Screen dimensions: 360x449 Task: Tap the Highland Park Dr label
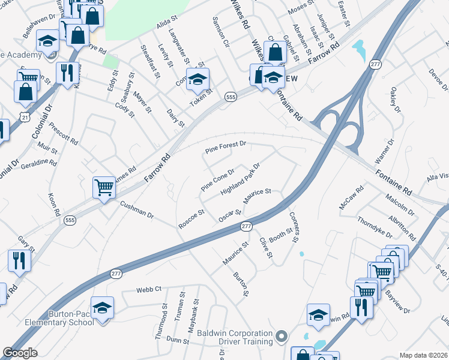point(240,179)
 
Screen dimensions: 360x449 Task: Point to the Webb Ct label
point(149,289)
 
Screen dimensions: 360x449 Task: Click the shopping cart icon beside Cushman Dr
point(104,188)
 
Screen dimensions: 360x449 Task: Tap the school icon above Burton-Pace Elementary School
point(103,307)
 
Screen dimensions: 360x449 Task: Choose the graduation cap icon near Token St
point(196,79)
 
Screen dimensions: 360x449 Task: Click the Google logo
point(20,352)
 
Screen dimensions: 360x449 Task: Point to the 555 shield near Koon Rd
point(70,220)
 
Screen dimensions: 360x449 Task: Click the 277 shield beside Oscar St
point(246,226)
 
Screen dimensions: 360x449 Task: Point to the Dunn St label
point(178,340)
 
